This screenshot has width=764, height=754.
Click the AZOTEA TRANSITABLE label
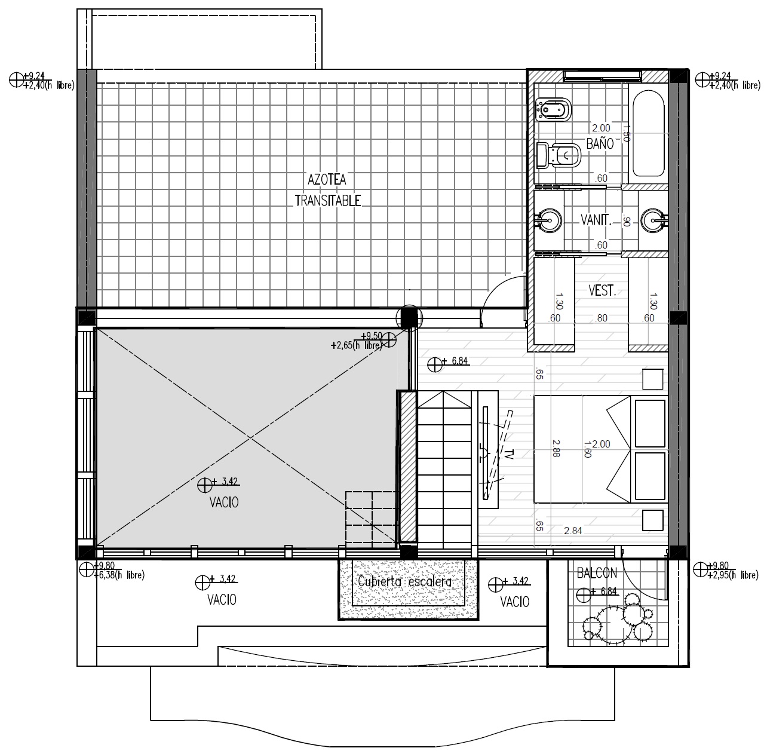327,191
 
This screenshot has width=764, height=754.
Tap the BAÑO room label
600,144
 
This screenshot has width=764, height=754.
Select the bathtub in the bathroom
648,133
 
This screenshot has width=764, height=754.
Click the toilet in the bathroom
559,155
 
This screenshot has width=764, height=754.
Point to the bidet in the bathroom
554,109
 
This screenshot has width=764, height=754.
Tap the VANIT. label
596,220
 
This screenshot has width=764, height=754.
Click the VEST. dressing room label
602,291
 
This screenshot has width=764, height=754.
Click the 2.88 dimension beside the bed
556,448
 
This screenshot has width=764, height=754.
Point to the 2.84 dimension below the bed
573,531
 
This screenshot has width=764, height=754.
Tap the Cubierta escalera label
404,582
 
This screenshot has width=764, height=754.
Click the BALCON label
597,573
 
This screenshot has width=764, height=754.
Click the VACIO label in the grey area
224,503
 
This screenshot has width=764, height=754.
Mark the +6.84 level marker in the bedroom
449,363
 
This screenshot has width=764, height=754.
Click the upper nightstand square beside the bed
652,379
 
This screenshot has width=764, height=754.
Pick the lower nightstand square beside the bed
652,520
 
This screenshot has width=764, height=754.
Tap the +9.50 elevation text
372,336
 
